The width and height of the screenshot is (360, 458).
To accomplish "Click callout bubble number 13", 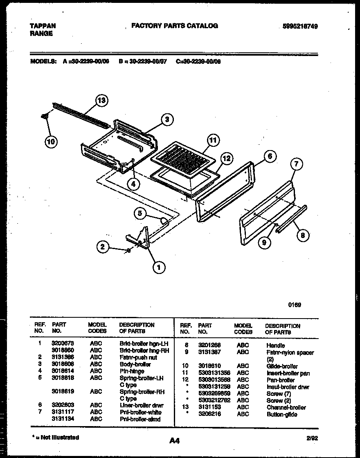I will (x=102, y=100).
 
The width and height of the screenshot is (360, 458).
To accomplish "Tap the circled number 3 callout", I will (x=166, y=119).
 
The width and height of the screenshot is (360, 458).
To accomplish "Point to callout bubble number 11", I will (x=212, y=140).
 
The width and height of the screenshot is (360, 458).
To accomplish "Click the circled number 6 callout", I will (x=270, y=156).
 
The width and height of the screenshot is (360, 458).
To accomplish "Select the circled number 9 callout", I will (x=264, y=242).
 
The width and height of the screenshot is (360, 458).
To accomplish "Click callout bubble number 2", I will (x=103, y=246).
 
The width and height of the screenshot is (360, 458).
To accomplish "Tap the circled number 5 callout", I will (x=140, y=213).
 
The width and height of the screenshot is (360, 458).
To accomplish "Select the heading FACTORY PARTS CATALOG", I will (x=175, y=26).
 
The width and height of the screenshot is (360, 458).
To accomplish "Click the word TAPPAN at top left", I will (x=43, y=26).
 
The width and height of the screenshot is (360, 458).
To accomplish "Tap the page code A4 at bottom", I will (x=174, y=440).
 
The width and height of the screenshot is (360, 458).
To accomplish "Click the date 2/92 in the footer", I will (x=312, y=438).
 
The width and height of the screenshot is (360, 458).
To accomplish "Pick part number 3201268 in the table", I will (x=209, y=345).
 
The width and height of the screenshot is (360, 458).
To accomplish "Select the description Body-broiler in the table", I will (x=135, y=364).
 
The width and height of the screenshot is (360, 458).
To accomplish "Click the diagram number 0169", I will (x=295, y=305).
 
